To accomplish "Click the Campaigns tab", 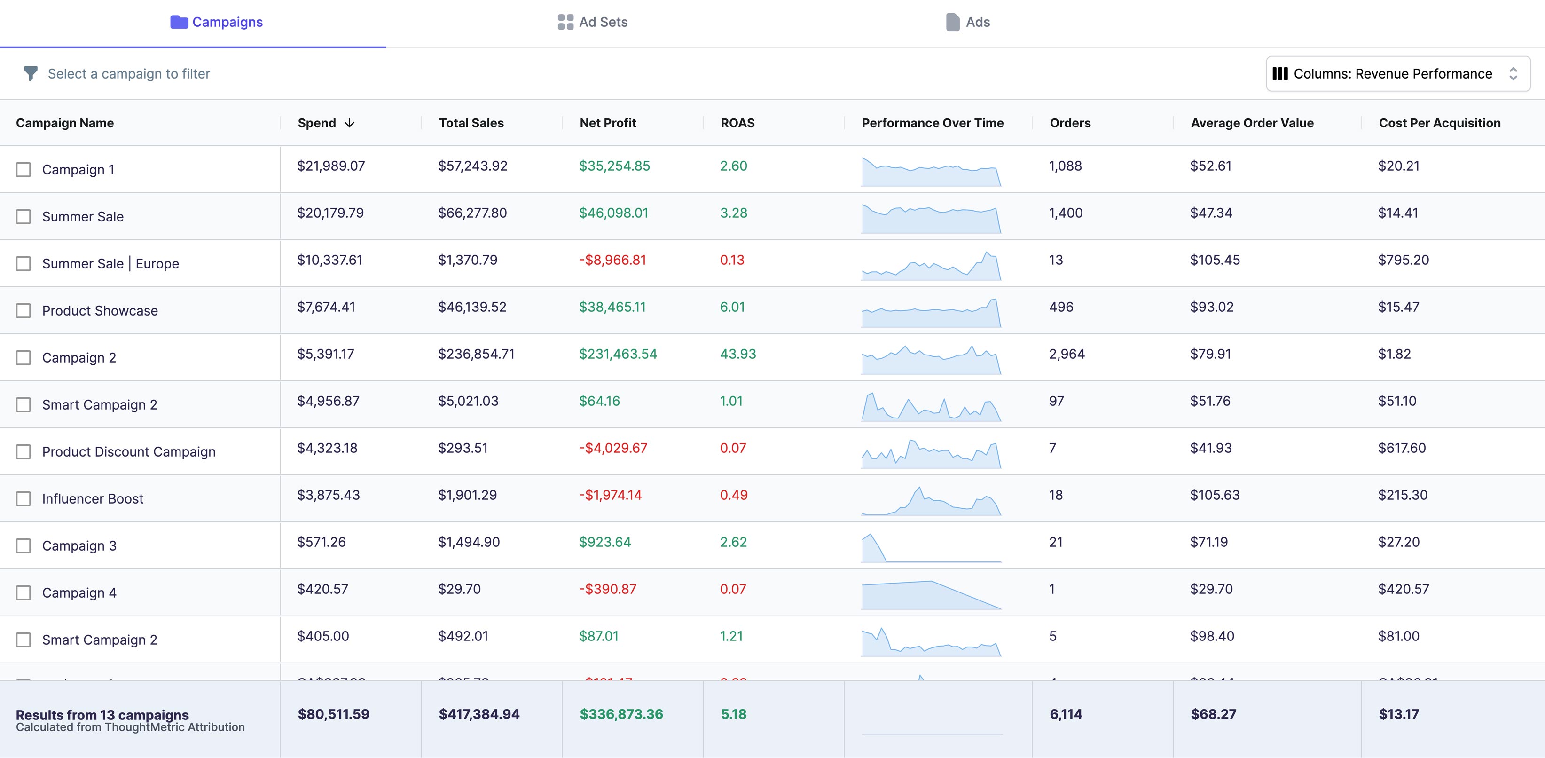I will coord(217,22).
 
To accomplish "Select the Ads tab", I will coord(967,22).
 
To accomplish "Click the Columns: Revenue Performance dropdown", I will coord(1397,74).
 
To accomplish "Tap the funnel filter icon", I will coord(31,74).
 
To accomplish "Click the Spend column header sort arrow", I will coord(350,123).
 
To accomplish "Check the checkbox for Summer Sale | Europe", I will coord(24,263).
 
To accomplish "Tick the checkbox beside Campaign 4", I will coord(24,593).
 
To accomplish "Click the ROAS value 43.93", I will coord(737,354).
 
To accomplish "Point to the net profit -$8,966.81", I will coord(612,260).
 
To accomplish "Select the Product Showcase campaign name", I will coord(100,311).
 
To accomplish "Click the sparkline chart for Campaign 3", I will coord(931,547).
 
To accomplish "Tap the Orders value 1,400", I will coord(1065,213).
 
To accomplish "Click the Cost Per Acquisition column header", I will coord(1439,123).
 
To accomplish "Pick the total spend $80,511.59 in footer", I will coord(333,714).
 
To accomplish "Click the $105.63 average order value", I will coord(1215,495).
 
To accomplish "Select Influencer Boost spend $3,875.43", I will coord(328,495).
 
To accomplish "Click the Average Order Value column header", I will coord(1252,123).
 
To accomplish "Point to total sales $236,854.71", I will coord(476,354).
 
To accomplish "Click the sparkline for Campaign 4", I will coord(931,595).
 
